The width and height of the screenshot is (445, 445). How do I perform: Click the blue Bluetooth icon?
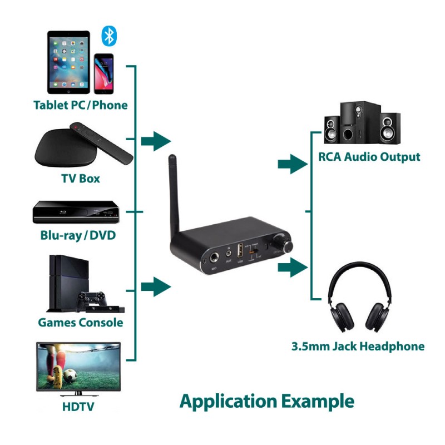[x=110, y=36]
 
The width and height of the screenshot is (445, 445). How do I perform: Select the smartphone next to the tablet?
[x=103, y=74]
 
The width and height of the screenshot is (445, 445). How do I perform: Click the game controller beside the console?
[x=90, y=300]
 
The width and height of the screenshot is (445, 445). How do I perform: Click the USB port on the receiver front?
[x=241, y=250]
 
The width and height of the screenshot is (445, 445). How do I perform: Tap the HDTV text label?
[x=78, y=407]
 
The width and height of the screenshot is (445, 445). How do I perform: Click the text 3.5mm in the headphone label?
[x=311, y=347]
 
